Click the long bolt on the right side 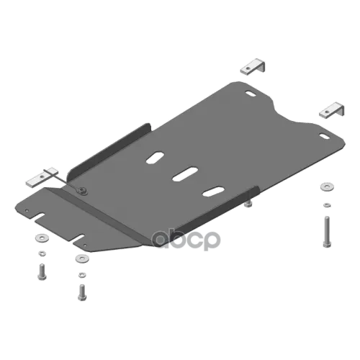point(326,232)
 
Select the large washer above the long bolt point(327,186)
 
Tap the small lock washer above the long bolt point(327,205)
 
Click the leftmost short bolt point(42,271)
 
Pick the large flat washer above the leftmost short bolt point(42,238)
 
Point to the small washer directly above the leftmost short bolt point(42,253)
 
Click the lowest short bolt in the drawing point(82,292)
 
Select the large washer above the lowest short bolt point(82,258)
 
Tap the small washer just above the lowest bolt point(82,274)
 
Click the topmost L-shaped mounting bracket point(253,67)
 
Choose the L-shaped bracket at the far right point(331,110)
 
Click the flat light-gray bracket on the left point(42,177)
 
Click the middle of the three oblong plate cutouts point(185,174)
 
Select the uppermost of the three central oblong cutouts point(156,158)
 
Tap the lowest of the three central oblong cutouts point(214,192)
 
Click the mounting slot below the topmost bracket point(251,94)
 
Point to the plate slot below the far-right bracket point(325,136)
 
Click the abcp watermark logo point(186,240)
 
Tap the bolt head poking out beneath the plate point(248,204)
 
